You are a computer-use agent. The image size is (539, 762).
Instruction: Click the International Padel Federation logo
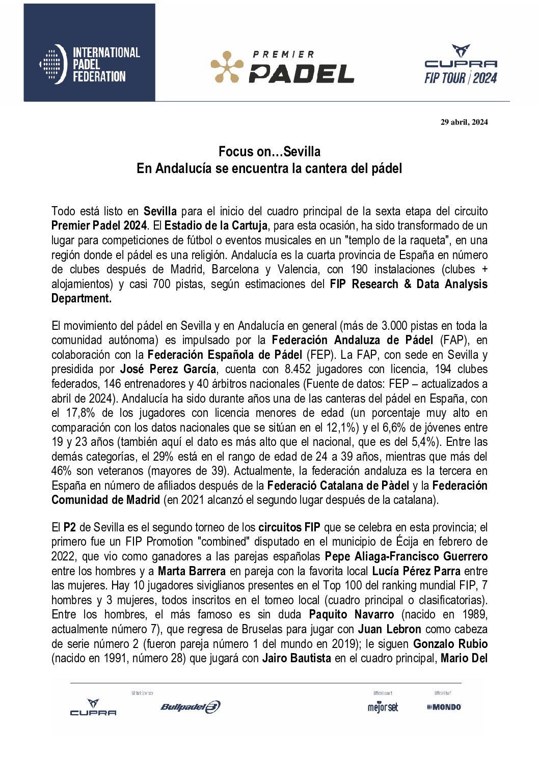pos(90,64)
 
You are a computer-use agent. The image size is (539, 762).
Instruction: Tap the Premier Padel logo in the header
pos(283,67)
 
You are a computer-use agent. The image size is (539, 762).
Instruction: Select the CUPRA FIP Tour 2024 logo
pos(461,65)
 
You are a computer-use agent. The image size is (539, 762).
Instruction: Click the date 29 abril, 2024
pos(464,122)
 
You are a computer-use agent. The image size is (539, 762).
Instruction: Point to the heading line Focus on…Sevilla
pos(269,151)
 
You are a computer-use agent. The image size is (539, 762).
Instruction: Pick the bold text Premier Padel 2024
pos(99,225)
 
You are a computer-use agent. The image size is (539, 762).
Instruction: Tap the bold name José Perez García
pos(168,369)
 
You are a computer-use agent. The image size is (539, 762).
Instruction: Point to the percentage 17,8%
pos(80,413)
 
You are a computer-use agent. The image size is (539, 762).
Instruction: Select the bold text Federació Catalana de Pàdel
pos(338,486)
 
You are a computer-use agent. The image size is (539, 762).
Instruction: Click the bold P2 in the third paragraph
pos(70,527)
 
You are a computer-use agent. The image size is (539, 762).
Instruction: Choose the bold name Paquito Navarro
pos(352,615)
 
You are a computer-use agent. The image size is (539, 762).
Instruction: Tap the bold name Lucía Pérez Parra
pos(416,571)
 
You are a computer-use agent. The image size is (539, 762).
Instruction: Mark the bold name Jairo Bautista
pos(297,659)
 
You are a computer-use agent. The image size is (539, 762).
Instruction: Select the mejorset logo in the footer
pos(383,707)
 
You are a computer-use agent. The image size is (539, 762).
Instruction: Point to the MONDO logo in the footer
pos(444,707)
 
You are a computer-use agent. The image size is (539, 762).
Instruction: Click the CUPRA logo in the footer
pos(93,708)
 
